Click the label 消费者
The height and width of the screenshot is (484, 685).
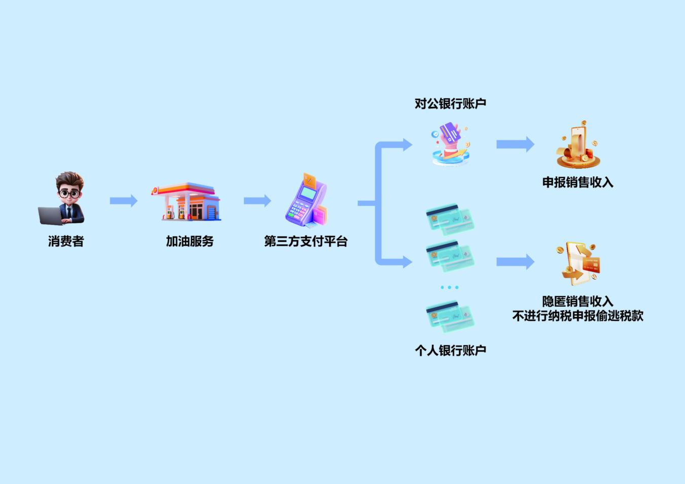coord(66,241)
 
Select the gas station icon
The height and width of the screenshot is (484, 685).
coord(187,202)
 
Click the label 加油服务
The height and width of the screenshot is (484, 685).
coord(190,241)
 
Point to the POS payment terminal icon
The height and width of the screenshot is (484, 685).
coord(306,201)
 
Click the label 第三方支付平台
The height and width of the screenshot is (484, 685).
coord(306,241)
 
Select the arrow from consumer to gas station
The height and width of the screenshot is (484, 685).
coord(123,201)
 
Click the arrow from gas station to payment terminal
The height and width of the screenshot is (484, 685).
coord(257,201)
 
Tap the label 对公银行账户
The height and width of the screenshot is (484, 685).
coord(450,103)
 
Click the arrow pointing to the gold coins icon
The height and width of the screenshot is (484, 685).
coord(515,144)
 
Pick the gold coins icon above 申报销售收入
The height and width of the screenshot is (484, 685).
coord(578,145)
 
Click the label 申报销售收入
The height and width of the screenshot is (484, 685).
coord(578,182)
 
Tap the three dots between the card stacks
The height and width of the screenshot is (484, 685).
coord(449,287)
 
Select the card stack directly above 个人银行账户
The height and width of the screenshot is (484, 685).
coord(450,316)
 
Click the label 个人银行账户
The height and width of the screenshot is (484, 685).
coord(450,350)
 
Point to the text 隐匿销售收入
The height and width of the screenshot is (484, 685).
coord(578,302)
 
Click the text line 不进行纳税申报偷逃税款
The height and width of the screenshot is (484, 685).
coord(578,316)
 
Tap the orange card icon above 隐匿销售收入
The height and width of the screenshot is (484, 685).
coord(578,264)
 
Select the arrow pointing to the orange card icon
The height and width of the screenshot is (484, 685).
coord(515,262)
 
